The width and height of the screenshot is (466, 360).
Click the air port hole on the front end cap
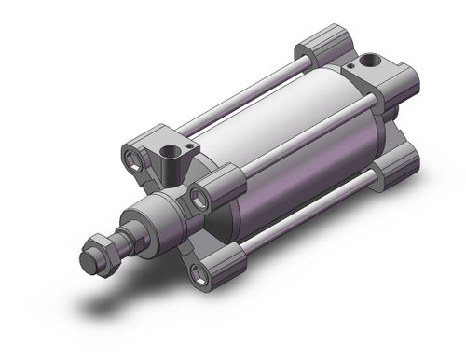coord(172,149)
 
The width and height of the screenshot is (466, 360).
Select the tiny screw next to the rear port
coord(350,66)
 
